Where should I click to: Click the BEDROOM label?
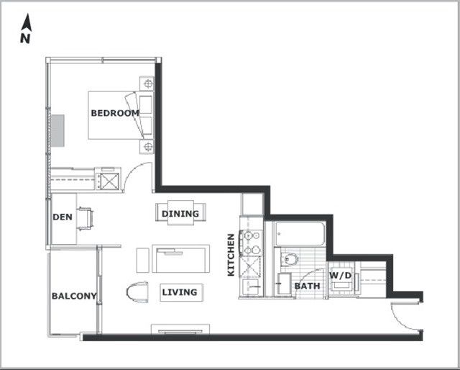[x=115, y=113]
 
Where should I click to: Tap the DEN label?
[x=63, y=217]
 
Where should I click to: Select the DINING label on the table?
[x=180, y=214]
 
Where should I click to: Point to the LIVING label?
[x=180, y=292]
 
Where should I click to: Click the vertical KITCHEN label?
[x=231, y=255]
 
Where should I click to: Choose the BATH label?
[x=307, y=286]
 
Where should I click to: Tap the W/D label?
[x=340, y=276]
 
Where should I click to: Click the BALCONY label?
[x=74, y=296]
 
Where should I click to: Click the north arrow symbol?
[x=27, y=22]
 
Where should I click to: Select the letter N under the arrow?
[x=25, y=38]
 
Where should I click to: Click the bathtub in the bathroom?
[x=300, y=234]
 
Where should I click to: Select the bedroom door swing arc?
[x=132, y=171]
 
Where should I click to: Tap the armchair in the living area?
[x=137, y=292]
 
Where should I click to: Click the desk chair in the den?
[x=86, y=219]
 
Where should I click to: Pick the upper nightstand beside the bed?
[x=147, y=84]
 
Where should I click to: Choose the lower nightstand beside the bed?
[x=147, y=146]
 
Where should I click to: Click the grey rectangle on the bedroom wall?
[x=57, y=130]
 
